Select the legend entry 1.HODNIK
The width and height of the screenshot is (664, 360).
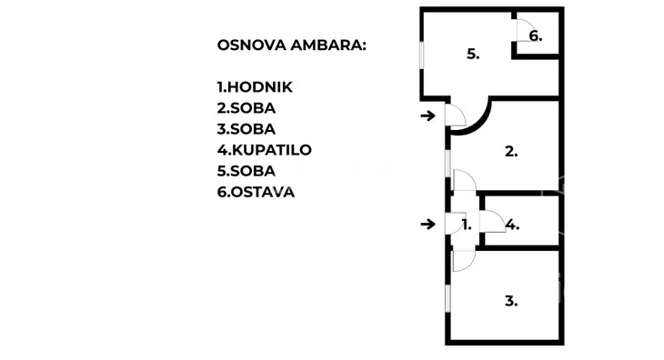[256, 87]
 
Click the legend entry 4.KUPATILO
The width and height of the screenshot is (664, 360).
[265, 150]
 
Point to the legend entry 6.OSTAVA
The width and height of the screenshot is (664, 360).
[256, 192]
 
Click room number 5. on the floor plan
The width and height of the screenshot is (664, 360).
[473, 55]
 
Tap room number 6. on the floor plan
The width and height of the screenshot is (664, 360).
[536, 36]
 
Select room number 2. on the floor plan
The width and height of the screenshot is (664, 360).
[511, 152]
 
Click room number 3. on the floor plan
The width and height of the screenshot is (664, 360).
[511, 301]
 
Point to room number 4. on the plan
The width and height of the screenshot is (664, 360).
[513, 225]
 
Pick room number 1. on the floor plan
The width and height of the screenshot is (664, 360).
[466, 225]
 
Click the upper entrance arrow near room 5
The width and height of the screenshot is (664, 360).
[428, 115]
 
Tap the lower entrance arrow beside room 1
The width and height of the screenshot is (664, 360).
[428, 224]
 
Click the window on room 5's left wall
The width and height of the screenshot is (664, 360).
[420, 54]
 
